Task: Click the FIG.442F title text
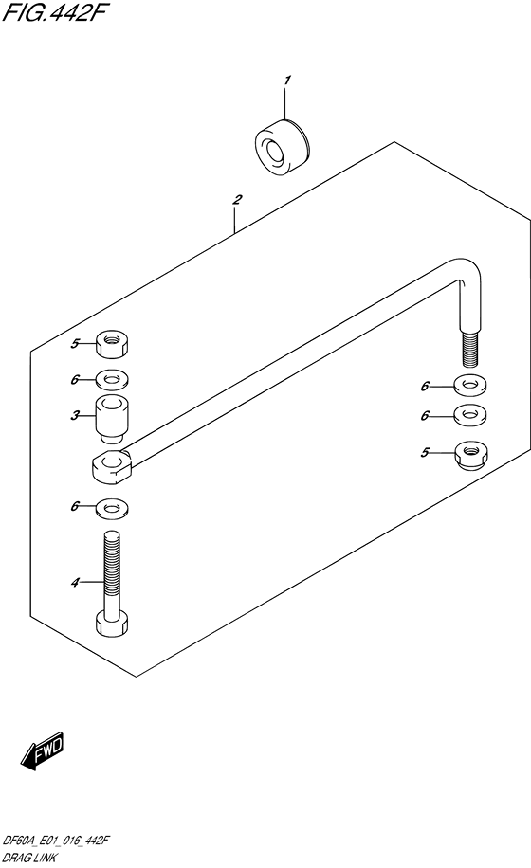tap(53, 12)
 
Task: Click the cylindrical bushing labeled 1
tap(283, 148)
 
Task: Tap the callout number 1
tap(286, 81)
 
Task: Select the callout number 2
tap(237, 199)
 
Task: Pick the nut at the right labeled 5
tap(470, 455)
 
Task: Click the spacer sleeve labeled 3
tap(112, 419)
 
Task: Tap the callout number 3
tap(75, 415)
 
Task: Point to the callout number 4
tap(75, 583)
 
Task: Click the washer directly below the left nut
tap(113, 380)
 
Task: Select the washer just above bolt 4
tap(113, 508)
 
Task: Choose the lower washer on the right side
tap(470, 415)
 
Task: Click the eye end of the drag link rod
tap(112, 465)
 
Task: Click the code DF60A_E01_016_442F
tap(55, 841)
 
